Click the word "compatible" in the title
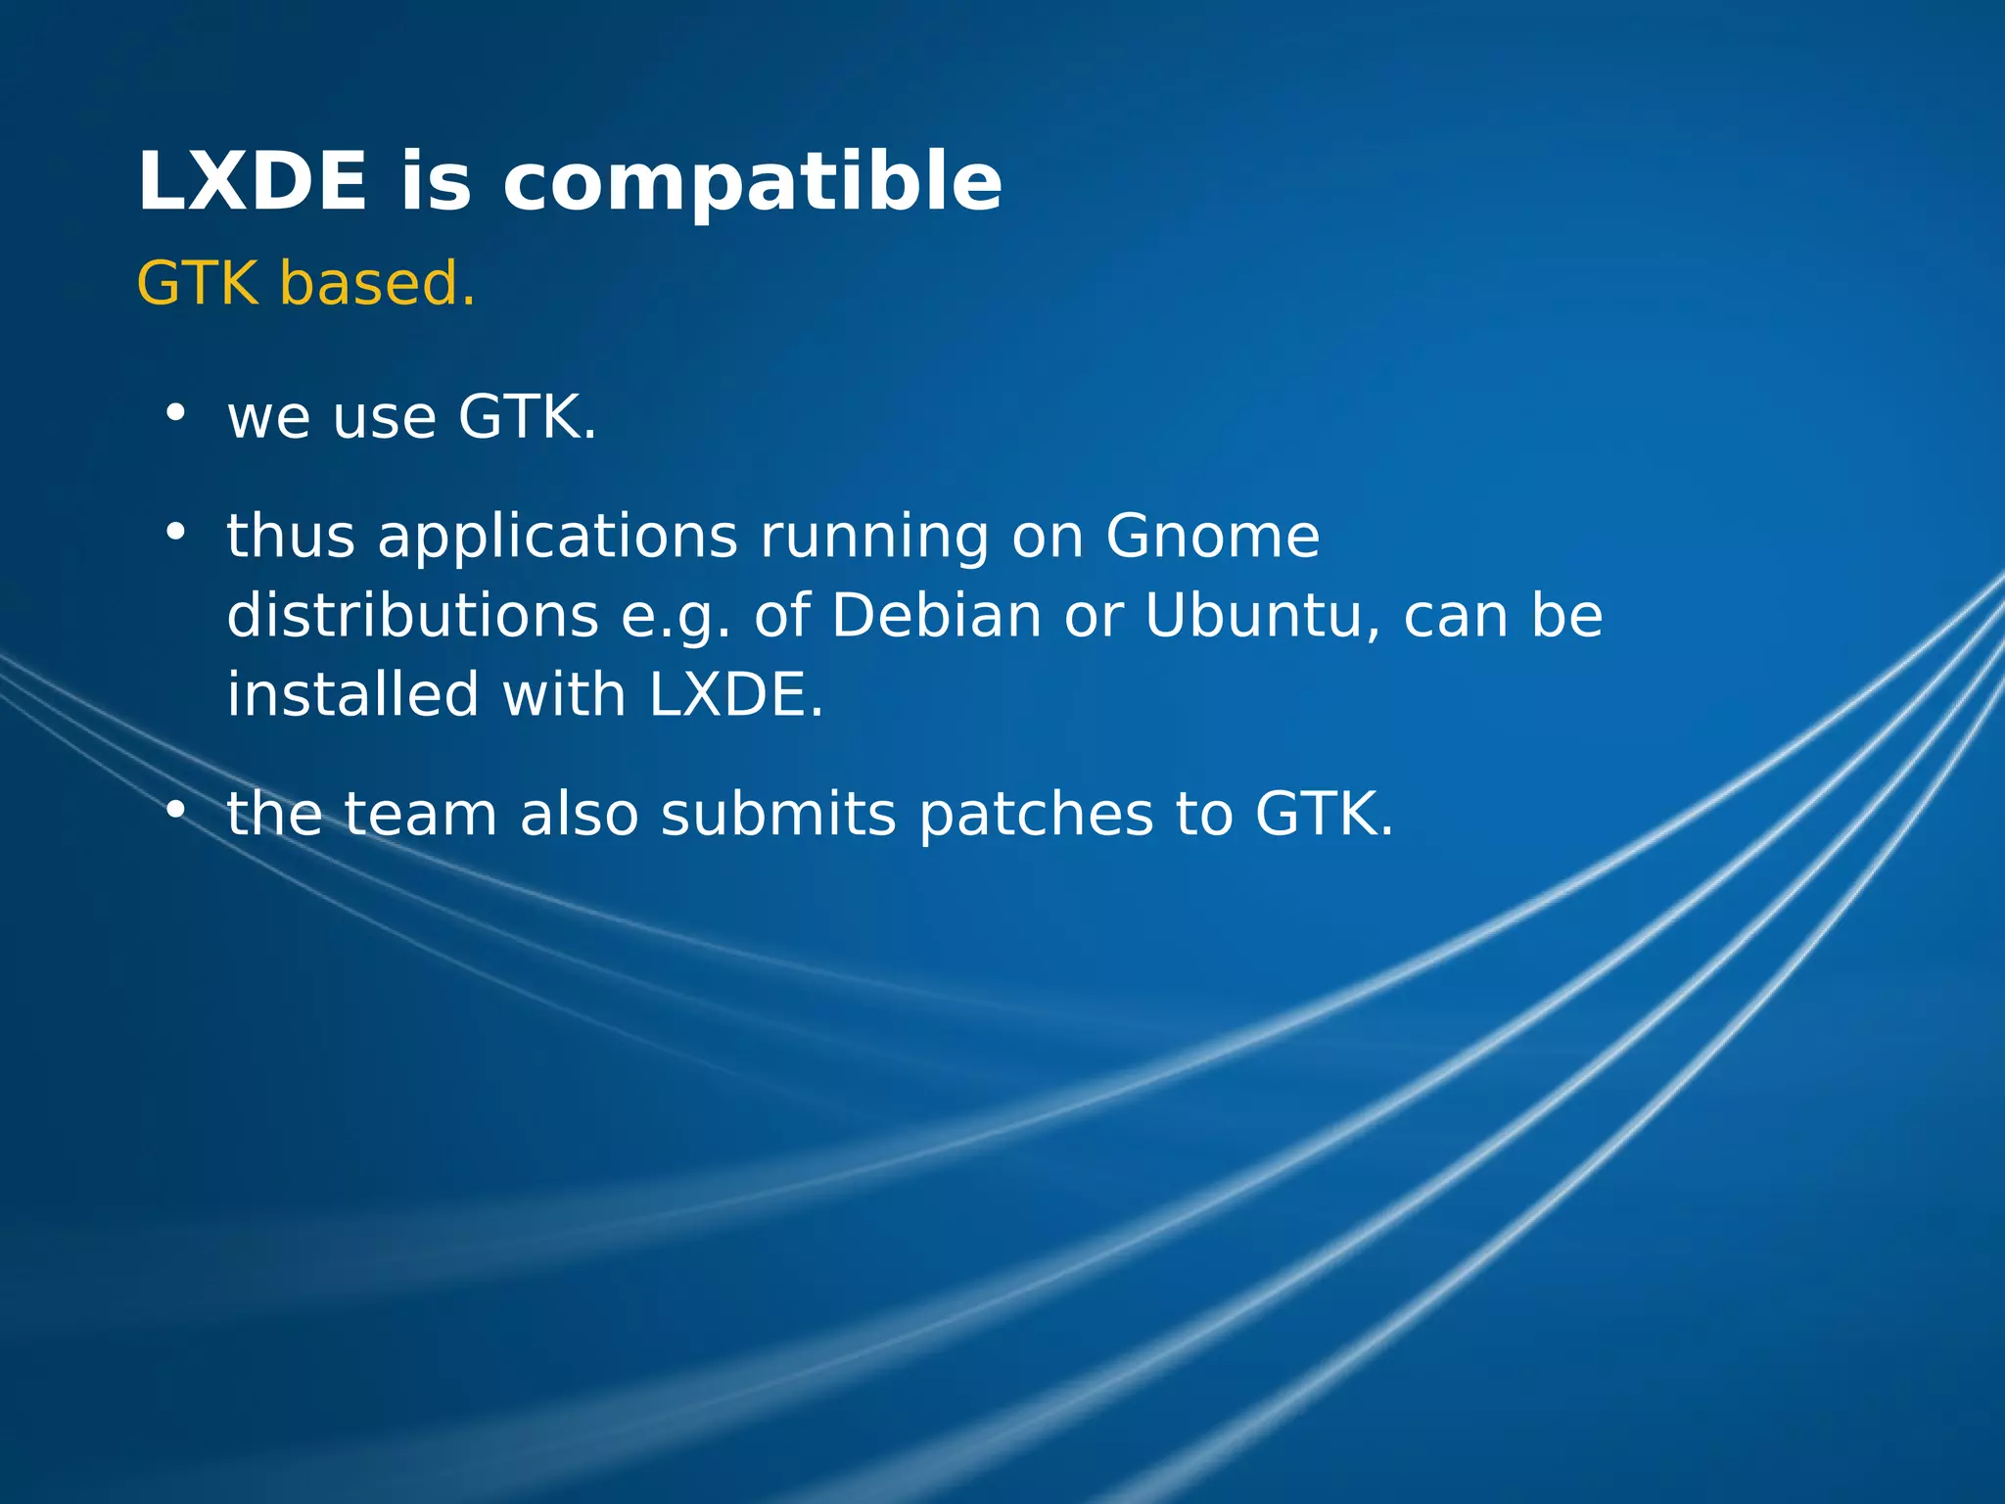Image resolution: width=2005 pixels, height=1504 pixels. click(x=752, y=183)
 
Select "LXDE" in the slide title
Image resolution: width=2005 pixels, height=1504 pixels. click(x=253, y=183)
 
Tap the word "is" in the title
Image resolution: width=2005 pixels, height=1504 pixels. click(x=436, y=183)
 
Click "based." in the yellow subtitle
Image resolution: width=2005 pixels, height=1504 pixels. click(x=378, y=284)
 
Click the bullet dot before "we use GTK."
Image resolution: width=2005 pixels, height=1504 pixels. click(x=175, y=412)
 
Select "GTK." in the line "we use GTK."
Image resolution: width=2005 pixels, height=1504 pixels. click(x=528, y=417)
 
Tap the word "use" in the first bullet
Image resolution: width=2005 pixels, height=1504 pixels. click(x=385, y=419)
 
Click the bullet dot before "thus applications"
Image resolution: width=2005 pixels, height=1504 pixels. click(x=175, y=532)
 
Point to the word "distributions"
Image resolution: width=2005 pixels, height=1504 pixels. click(x=413, y=616)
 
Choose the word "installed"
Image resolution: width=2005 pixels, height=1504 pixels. click(x=353, y=694)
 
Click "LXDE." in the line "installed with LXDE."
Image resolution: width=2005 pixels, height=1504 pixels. click(x=736, y=694)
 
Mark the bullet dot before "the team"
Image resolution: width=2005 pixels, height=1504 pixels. click(x=175, y=809)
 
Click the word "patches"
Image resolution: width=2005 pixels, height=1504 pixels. click(x=1036, y=816)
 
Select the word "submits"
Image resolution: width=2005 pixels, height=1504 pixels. click(x=778, y=814)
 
